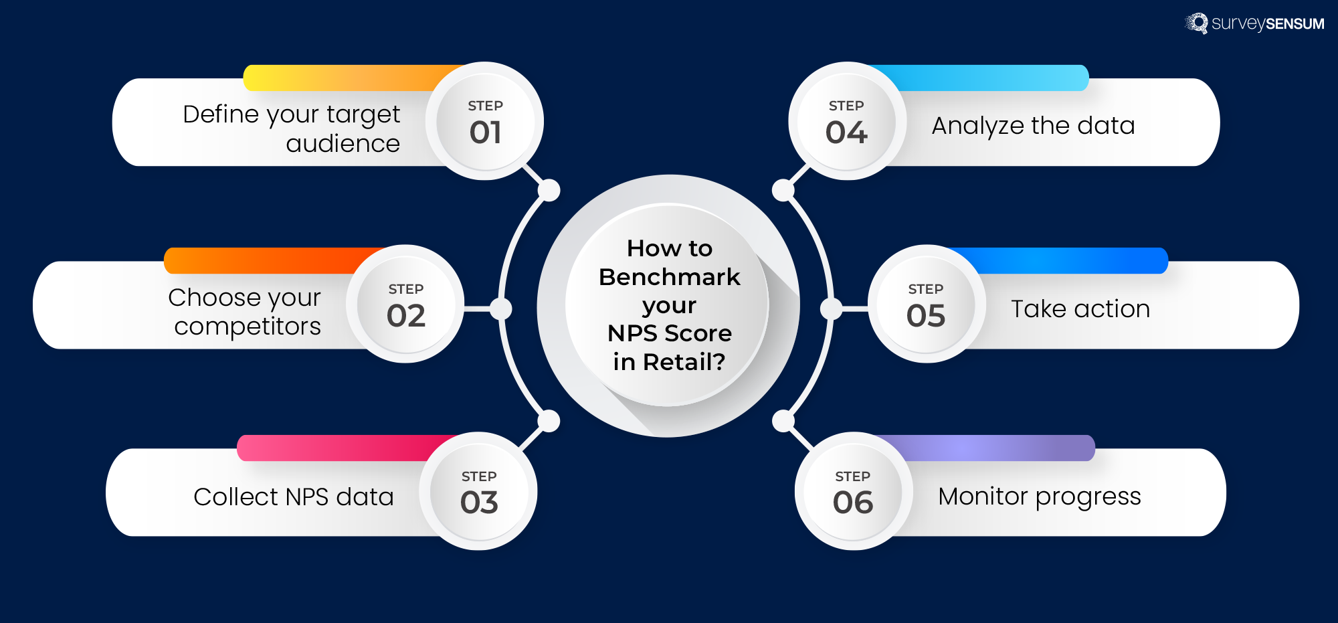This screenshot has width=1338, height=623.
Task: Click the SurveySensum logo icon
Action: pyautogui.click(x=1197, y=23)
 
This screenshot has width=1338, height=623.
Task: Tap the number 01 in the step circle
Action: pyautogui.click(x=486, y=132)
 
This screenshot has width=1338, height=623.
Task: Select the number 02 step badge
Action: pyautogui.click(x=406, y=315)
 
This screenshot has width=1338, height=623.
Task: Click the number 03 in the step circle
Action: pyautogui.click(x=479, y=503)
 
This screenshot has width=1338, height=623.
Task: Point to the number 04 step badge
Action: pyautogui.click(x=846, y=132)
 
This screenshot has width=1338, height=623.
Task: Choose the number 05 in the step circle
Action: pyautogui.click(x=926, y=315)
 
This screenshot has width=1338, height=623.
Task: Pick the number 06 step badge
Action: pyautogui.click(x=853, y=503)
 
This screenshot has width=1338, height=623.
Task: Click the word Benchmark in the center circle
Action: pyautogui.click(x=669, y=277)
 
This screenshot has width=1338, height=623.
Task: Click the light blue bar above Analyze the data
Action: pyautogui.click(x=990, y=78)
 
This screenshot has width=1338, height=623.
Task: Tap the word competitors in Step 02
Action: pyautogui.click(x=248, y=327)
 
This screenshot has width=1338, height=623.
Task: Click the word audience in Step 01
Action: pyautogui.click(x=343, y=144)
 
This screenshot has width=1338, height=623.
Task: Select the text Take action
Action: pyautogui.click(x=1080, y=309)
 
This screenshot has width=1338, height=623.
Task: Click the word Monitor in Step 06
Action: pyautogui.click(x=983, y=497)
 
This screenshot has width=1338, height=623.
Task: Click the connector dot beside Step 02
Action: pyautogui.click(x=500, y=309)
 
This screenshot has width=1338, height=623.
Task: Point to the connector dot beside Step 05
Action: pyautogui.click(x=832, y=309)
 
